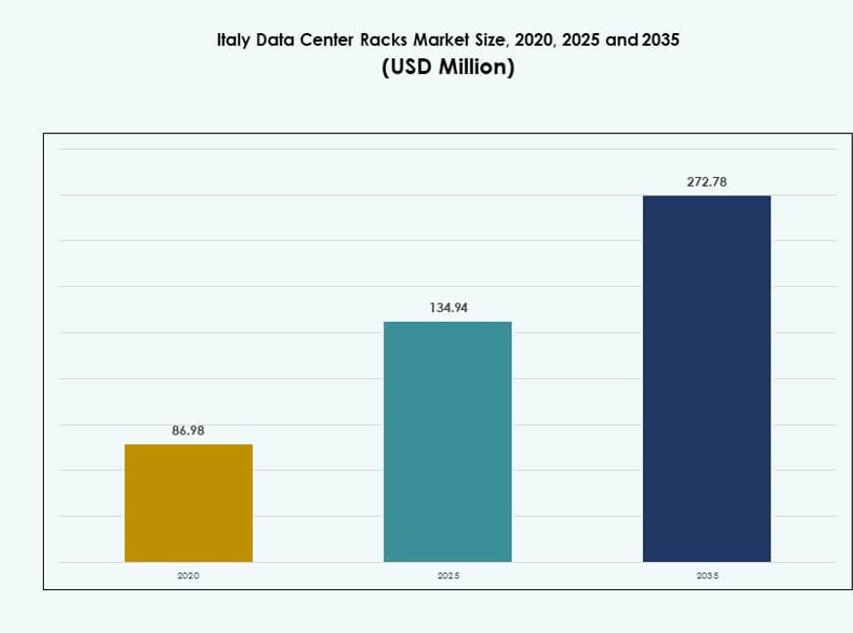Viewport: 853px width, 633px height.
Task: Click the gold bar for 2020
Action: point(189,503)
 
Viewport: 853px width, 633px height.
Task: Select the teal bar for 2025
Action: point(447,441)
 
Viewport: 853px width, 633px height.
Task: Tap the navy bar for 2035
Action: point(707,378)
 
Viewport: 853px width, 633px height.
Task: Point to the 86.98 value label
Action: point(189,430)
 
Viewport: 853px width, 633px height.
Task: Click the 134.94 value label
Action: point(447,307)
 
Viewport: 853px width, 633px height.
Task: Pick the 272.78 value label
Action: point(707,181)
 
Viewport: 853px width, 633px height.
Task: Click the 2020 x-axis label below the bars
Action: point(189,576)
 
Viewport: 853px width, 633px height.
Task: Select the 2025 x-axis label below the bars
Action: point(447,576)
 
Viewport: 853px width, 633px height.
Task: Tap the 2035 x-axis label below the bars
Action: point(707,576)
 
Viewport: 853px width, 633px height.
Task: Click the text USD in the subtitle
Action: point(408,69)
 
